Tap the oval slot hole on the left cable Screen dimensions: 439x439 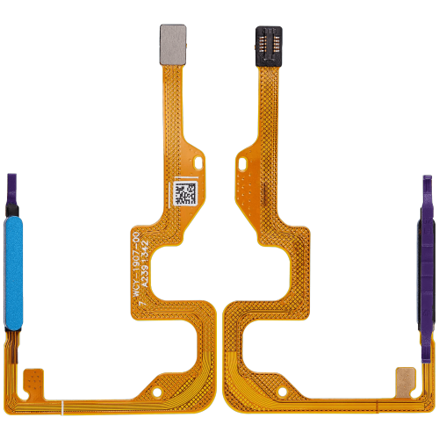197,162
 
